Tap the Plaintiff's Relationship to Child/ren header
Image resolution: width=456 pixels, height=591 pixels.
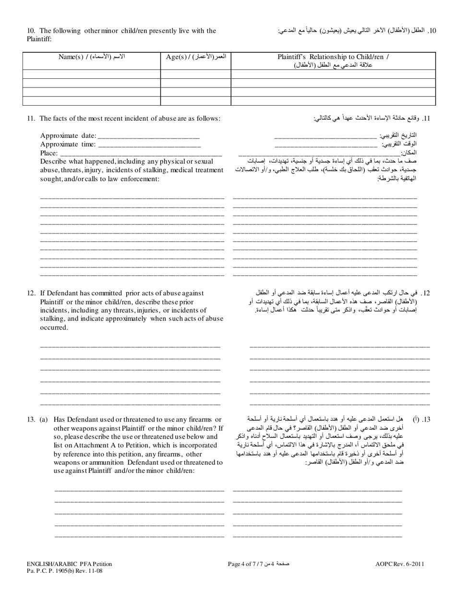[333, 61]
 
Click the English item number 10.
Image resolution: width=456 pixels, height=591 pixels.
[30, 31]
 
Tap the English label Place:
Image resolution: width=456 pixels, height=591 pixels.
[49, 153]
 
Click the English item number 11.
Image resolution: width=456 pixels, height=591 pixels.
[30, 118]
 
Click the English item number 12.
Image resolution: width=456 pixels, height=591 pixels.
[31, 293]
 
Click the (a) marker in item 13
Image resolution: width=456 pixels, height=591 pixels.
[44, 419]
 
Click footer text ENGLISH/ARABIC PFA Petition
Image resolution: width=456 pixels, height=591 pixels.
[69, 565]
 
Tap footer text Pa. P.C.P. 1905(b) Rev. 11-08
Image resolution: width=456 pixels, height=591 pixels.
[64, 571]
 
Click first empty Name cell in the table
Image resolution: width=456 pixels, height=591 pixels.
[92, 74]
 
